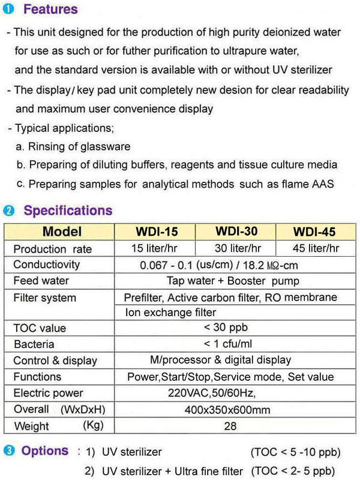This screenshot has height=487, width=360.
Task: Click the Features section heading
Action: click(50, 10)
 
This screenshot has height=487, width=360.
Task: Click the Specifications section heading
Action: click(68, 211)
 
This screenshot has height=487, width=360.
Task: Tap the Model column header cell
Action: click(62, 232)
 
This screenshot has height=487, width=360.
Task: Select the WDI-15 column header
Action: click(155, 231)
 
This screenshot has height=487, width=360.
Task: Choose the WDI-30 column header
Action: click(237, 231)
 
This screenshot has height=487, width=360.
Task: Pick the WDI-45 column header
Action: click(315, 232)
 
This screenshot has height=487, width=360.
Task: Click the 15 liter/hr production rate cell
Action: click(155, 248)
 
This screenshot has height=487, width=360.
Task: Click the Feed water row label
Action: click(41, 281)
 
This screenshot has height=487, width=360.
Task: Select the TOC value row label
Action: click(40, 328)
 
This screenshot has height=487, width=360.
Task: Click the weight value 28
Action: click(230, 426)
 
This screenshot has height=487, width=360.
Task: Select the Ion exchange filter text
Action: click(170, 312)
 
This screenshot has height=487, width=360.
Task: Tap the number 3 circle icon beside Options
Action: click(8, 451)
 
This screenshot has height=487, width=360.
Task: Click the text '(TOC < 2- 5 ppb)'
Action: click(292, 471)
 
